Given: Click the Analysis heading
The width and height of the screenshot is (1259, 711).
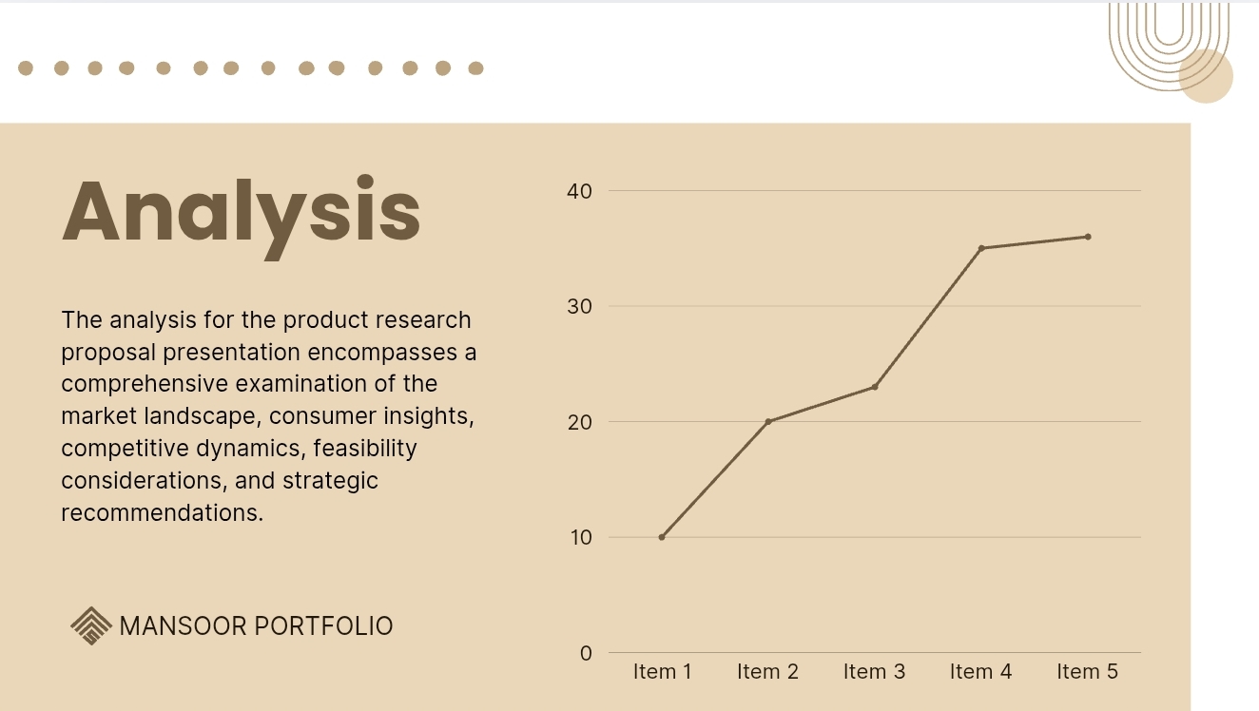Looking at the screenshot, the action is pos(242,217).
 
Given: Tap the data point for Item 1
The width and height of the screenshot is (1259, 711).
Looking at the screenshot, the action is pos(662,537).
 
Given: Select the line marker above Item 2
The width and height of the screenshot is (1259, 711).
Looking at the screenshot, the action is pos(768,421).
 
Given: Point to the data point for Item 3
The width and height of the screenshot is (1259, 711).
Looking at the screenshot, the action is pos(875,387).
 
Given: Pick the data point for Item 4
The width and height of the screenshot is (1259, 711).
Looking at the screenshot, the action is pos(981,248).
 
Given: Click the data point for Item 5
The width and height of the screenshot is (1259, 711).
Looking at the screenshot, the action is pos(1088,237).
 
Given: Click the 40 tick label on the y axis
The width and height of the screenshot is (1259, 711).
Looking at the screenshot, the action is pos(579,191).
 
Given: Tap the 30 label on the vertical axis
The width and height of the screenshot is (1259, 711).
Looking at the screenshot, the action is pos(579,306).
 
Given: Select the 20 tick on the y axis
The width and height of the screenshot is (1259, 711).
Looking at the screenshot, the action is pos(579,422).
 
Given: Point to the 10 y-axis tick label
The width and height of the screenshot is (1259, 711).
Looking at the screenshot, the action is pos(581,537).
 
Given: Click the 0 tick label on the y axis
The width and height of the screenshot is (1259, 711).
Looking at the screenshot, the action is pos(586,653).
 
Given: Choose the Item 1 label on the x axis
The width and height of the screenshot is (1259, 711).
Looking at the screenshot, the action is pos(662,672).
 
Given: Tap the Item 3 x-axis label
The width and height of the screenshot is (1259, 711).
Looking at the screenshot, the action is pos(875,672).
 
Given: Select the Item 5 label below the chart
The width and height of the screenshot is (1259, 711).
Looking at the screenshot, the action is pos(1088,672).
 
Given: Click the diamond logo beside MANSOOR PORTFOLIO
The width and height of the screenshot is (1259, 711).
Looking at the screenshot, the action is pos(91,626).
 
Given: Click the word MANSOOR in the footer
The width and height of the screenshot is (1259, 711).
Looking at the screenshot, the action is pos(184,626).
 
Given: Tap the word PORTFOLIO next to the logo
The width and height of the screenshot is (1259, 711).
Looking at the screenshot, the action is pos(323,626).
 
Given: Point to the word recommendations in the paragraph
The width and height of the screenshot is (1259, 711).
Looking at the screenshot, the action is pos(163,512).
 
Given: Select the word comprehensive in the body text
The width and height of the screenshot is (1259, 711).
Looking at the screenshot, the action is pos(145,384).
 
